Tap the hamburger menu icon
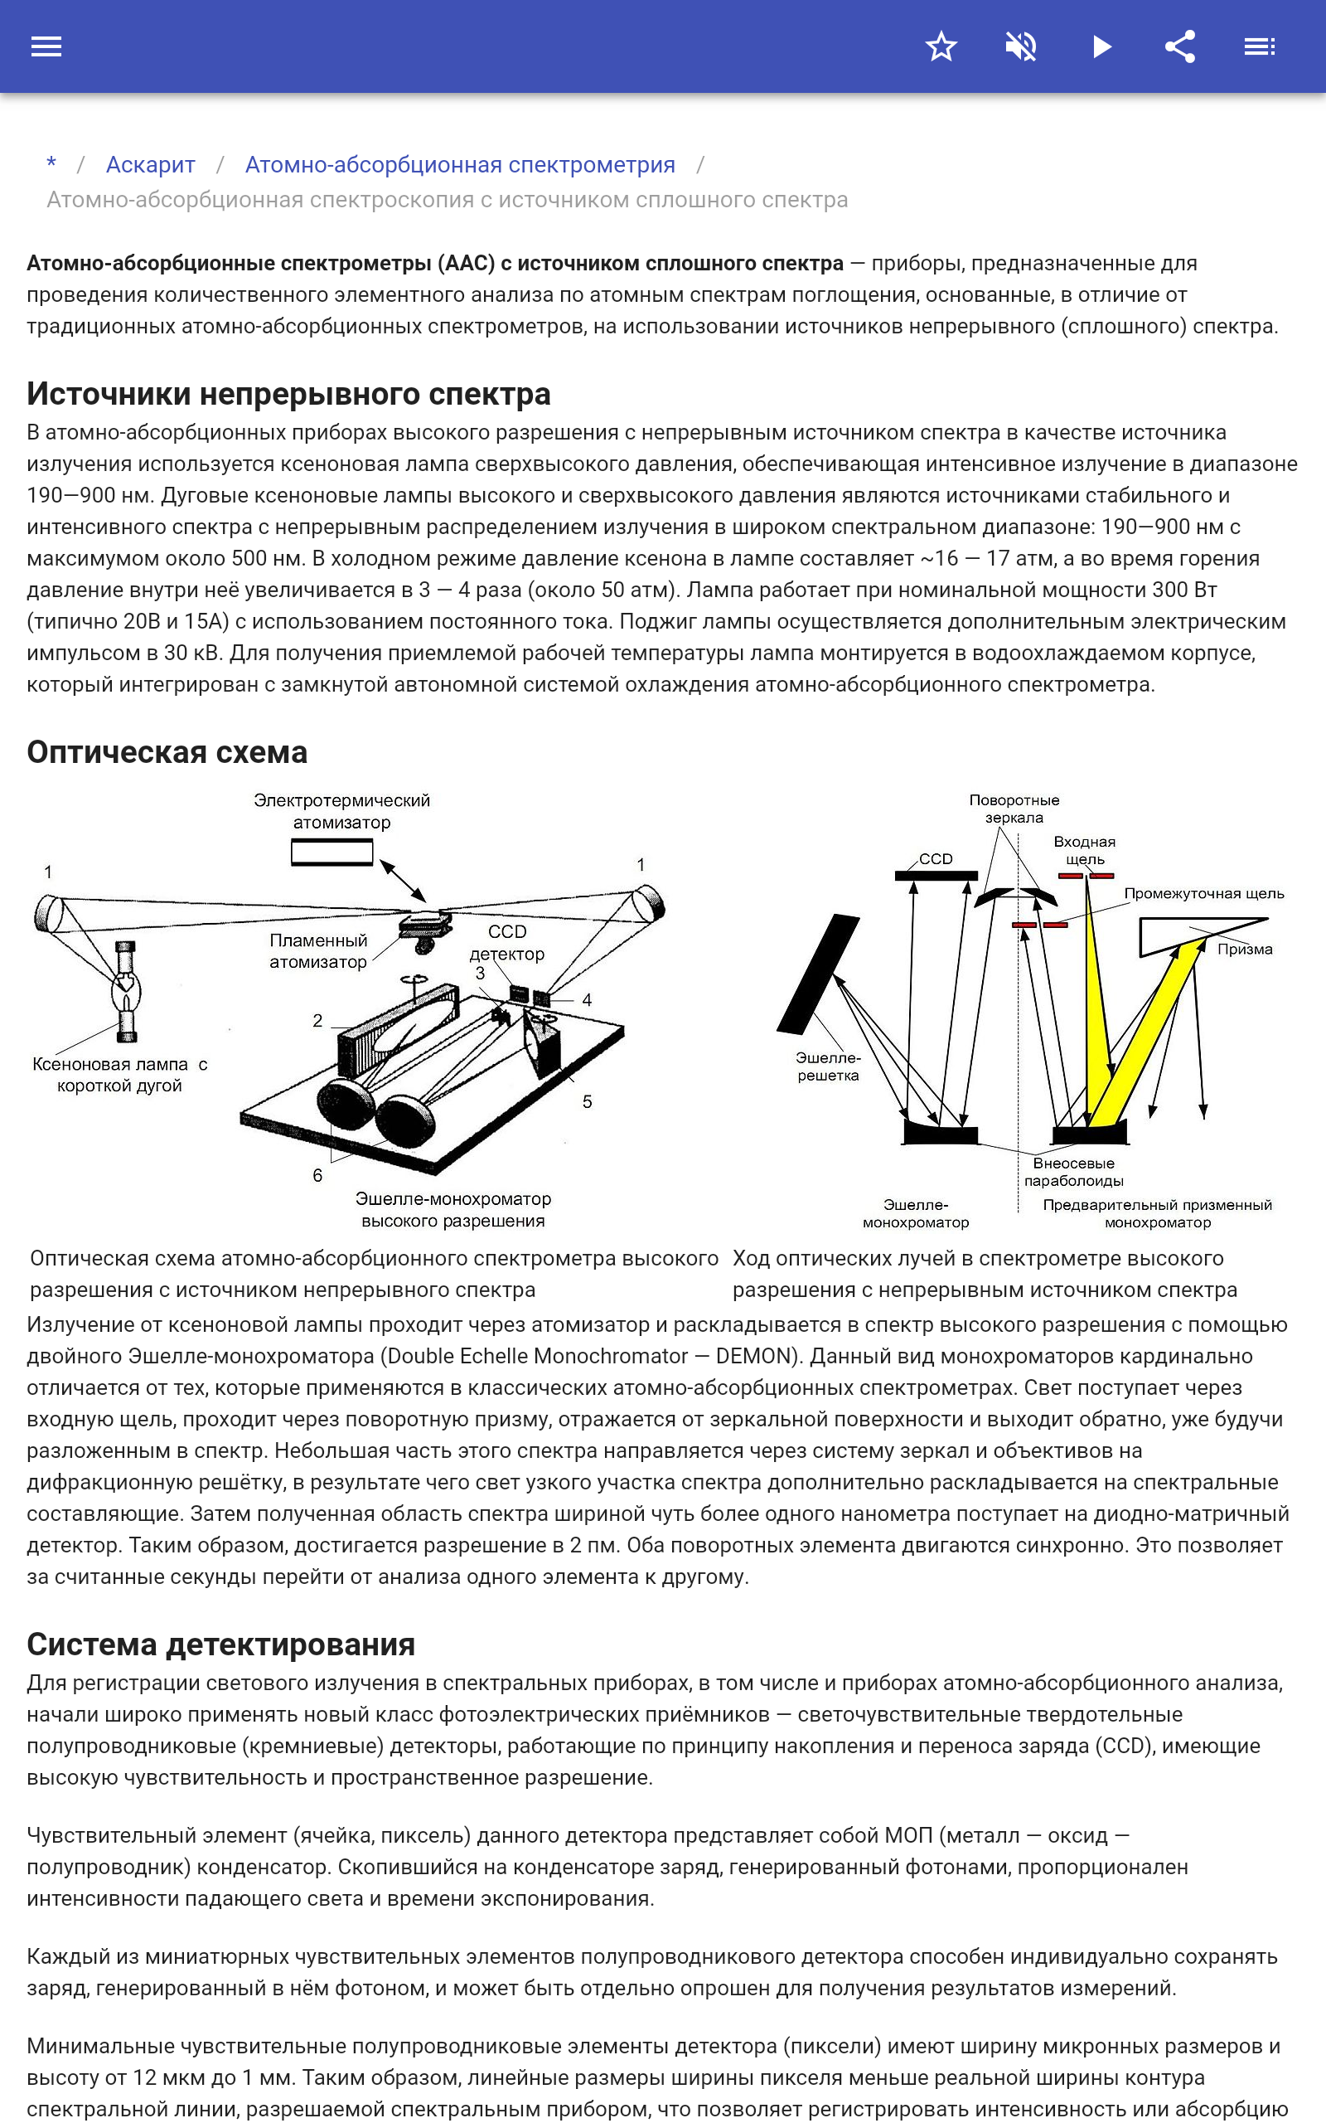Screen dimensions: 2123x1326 [x=46, y=46]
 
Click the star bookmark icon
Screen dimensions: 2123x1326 [x=941, y=46]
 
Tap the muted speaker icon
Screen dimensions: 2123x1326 [x=1021, y=46]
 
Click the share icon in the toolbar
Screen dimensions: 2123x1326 [x=1180, y=46]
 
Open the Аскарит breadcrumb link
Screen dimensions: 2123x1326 [x=150, y=165]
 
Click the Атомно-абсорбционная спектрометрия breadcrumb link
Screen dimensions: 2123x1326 [x=459, y=165]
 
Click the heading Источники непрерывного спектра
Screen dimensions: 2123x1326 [x=288, y=394]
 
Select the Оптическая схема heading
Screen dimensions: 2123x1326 [x=167, y=752]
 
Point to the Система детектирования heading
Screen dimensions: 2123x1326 [x=220, y=1644]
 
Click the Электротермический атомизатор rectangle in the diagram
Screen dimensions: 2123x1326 [x=331, y=852]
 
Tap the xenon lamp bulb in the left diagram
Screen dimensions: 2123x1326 [x=125, y=992]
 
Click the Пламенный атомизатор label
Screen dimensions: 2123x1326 [x=317, y=951]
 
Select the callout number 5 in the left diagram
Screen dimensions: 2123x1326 [x=587, y=1102]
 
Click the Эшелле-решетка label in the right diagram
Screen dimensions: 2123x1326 [x=828, y=1066]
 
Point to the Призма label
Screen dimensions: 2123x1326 [x=1245, y=950]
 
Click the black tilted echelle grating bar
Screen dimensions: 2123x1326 [x=818, y=974]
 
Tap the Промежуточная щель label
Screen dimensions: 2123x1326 [x=1203, y=893]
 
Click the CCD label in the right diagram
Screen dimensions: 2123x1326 [x=936, y=859]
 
